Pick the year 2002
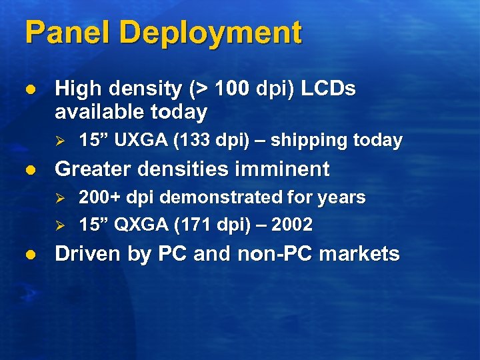pos(291,225)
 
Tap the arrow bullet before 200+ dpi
pos(59,199)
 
